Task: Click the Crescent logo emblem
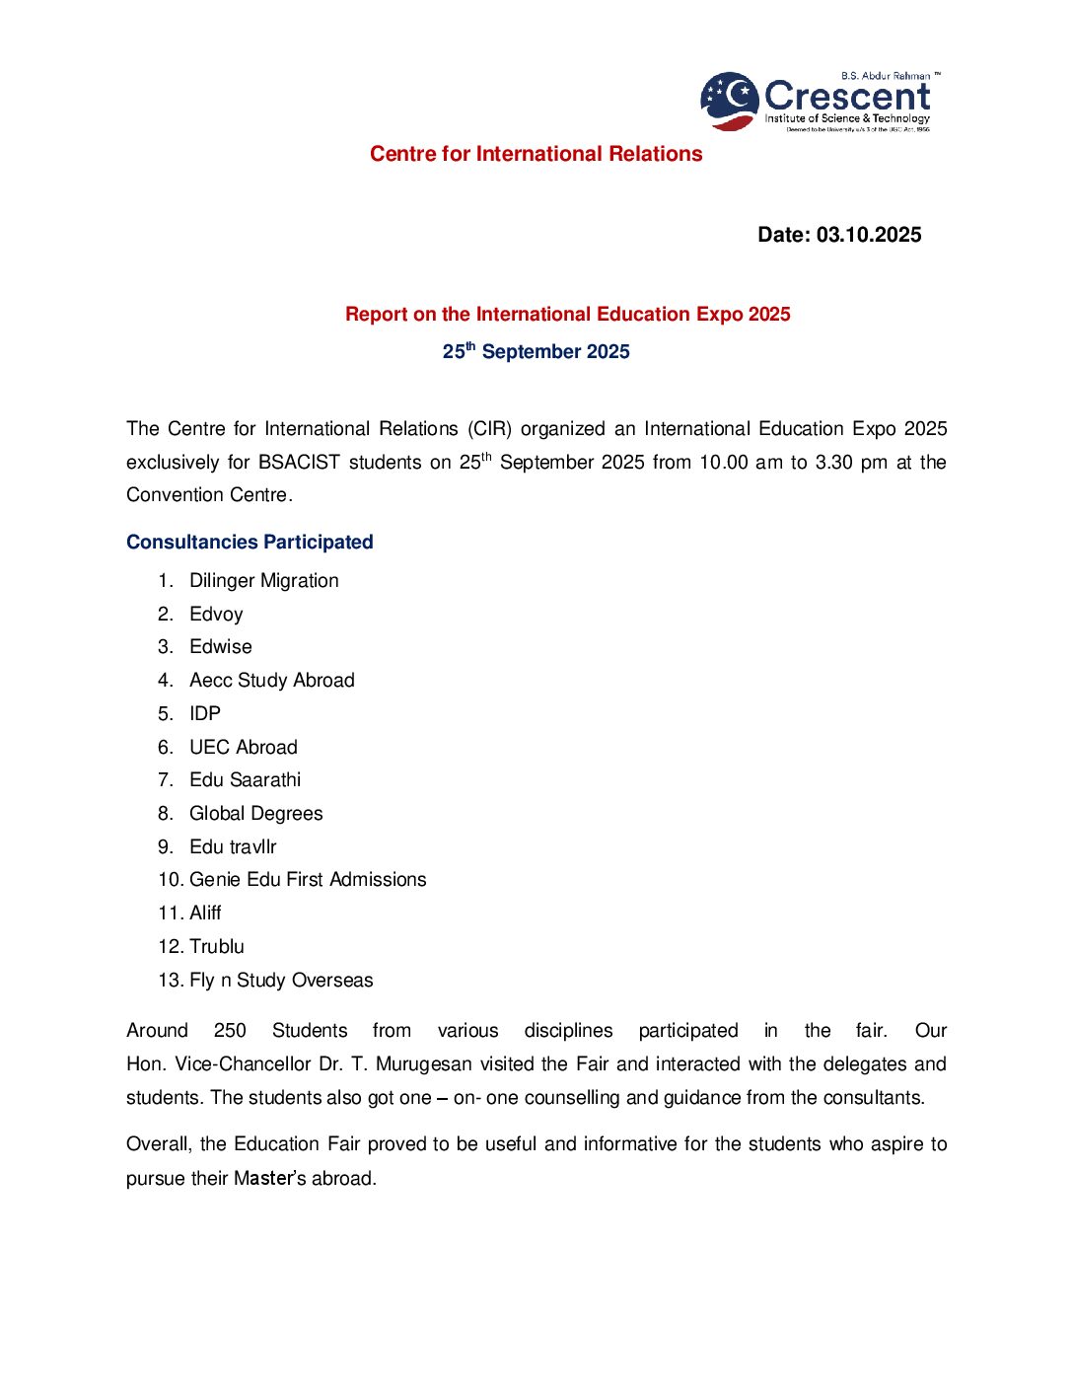click(x=729, y=101)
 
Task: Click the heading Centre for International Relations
click(x=536, y=154)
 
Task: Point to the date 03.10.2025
click(x=868, y=235)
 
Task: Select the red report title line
click(x=567, y=314)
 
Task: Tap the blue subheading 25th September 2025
click(x=536, y=352)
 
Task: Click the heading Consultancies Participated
click(x=250, y=542)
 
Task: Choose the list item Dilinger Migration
click(x=263, y=580)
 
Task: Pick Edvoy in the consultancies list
click(x=216, y=614)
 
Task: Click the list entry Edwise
click(x=221, y=646)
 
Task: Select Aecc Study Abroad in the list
click(x=271, y=680)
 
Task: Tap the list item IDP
click(x=205, y=713)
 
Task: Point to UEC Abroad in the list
click(x=243, y=747)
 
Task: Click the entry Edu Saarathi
click(x=245, y=779)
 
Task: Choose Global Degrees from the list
click(x=255, y=813)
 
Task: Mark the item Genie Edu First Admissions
click(x=308, y=879)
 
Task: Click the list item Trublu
click(x=216, y=946)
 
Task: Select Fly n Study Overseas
click(x=281, y=980)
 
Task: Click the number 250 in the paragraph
click(x=230, y=1031)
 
